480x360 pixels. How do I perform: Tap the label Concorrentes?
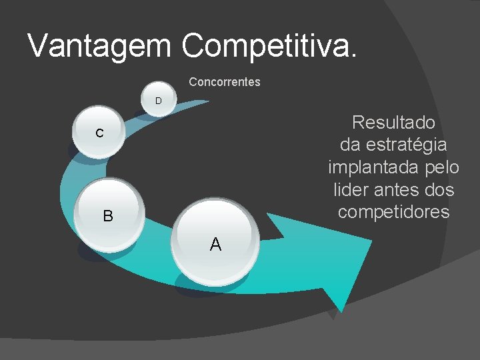[225, 83]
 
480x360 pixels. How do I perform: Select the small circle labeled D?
[159, 101]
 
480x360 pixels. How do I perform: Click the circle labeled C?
[99, 132]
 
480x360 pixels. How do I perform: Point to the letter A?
[215, 245]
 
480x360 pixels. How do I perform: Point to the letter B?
[107, 216]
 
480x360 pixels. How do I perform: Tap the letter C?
[99, 133]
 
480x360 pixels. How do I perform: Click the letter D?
[159, 101]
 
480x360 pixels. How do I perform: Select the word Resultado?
[393, 123]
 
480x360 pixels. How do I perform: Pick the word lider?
[350, 190]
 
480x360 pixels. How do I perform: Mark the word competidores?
[393, 212]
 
